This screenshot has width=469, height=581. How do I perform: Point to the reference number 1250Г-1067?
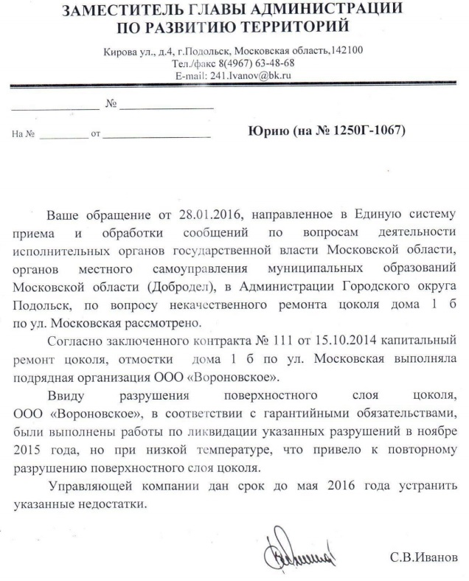(x=365, y=131)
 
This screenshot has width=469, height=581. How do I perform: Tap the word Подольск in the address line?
(x=207, y=51)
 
